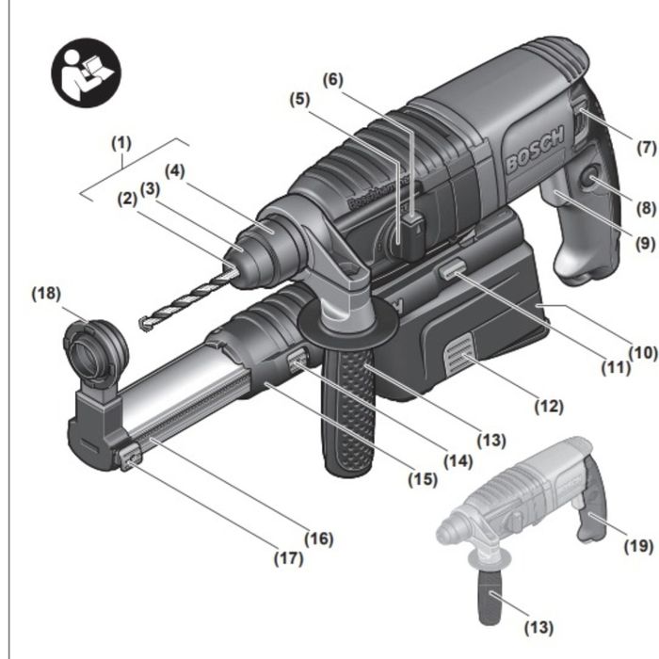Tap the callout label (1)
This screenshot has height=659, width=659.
coord(121,143)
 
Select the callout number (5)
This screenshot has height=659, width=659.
coord(298,97)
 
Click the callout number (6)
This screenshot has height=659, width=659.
coord(333,80)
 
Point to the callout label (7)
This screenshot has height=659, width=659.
coord(646,148)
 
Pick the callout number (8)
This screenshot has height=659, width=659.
coord(646,209)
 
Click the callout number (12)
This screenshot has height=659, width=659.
coord(548,407)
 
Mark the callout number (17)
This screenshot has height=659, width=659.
coord(288,557)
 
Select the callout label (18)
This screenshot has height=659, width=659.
coord(44,293)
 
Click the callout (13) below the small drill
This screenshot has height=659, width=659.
coord(538,627)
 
